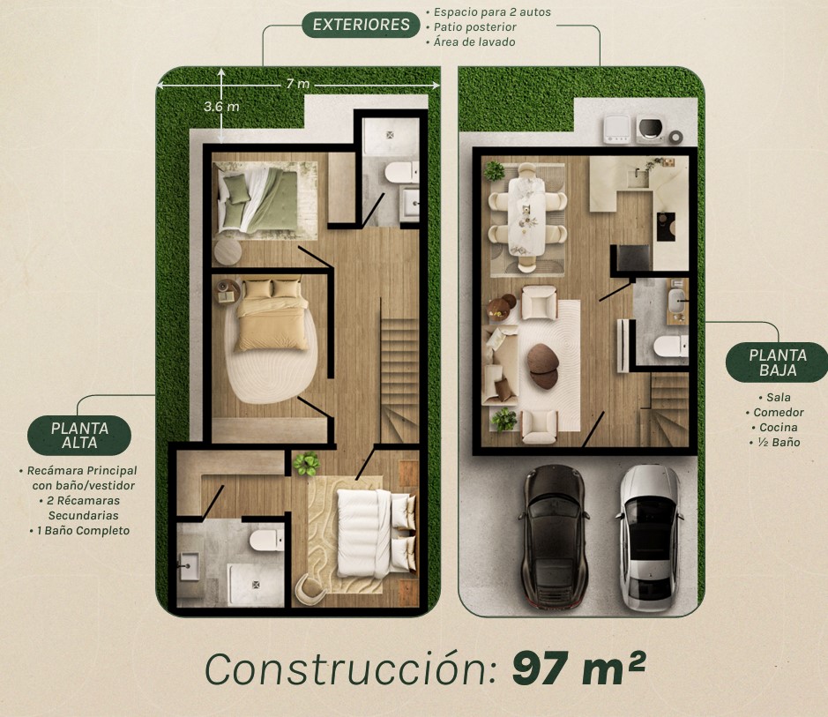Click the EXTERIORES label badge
click(x=361, y=25)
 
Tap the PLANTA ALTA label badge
click(x=79, y=435)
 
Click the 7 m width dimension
click(x=298, y=84)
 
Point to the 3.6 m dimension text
click(x=221, y=106)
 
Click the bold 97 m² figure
click(x=578, y=668)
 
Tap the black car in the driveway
click(x=554, y=540)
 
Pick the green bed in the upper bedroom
click(x=258, y=199)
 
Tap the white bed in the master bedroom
click(x=375, y=534)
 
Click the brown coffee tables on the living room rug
click(x=543, y=366)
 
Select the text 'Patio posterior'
click(x=474, y=27)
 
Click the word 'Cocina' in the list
click(x=778, y=427)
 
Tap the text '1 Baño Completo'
click(x=83, y=530)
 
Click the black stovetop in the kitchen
click(x=666, y=227)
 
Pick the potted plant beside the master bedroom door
click(x=307, y=464)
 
